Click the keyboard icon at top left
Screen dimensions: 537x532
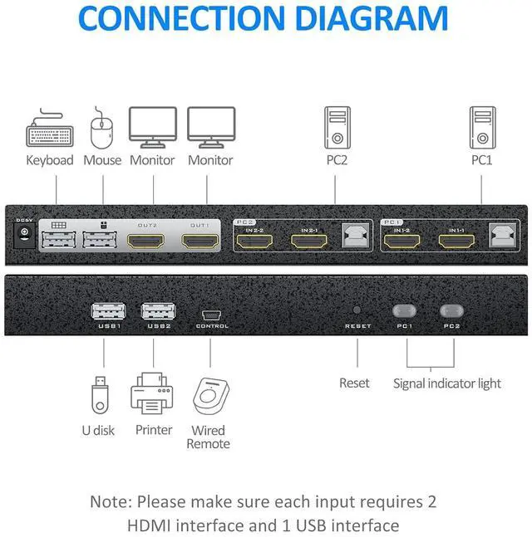coord(50,133)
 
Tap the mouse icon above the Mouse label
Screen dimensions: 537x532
coord(101,129)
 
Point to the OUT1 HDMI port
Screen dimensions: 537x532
coord(199,242)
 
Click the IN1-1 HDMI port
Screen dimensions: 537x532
coord(456,242)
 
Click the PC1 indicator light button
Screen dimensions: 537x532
coord(405,311)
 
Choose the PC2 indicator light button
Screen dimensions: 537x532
coord(452,311)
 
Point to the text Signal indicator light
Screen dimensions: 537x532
coord(446,383)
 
